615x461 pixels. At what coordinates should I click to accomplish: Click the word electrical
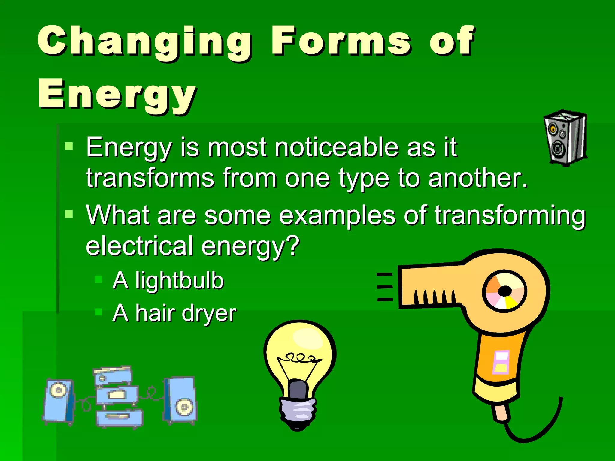click(x=140, y=246)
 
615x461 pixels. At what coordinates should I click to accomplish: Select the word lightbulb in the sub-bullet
click(x=179, y=280)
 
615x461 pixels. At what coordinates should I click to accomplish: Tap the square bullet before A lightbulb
click(x=98, y=280)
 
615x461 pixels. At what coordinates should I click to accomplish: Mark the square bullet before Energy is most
click(x=69, y=146)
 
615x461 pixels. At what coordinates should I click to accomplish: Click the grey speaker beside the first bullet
click(x=565, y=138)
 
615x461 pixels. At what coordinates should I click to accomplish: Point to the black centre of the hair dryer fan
click(x=505, y=291)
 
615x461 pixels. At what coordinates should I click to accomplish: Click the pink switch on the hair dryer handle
click(x=501, y=362)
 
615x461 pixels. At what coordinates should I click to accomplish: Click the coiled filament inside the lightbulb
click(x=299, y=358)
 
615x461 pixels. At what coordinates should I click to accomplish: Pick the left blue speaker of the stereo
click(x=59, y=401)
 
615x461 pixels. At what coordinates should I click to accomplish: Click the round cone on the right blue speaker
click(x=184, y=407)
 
